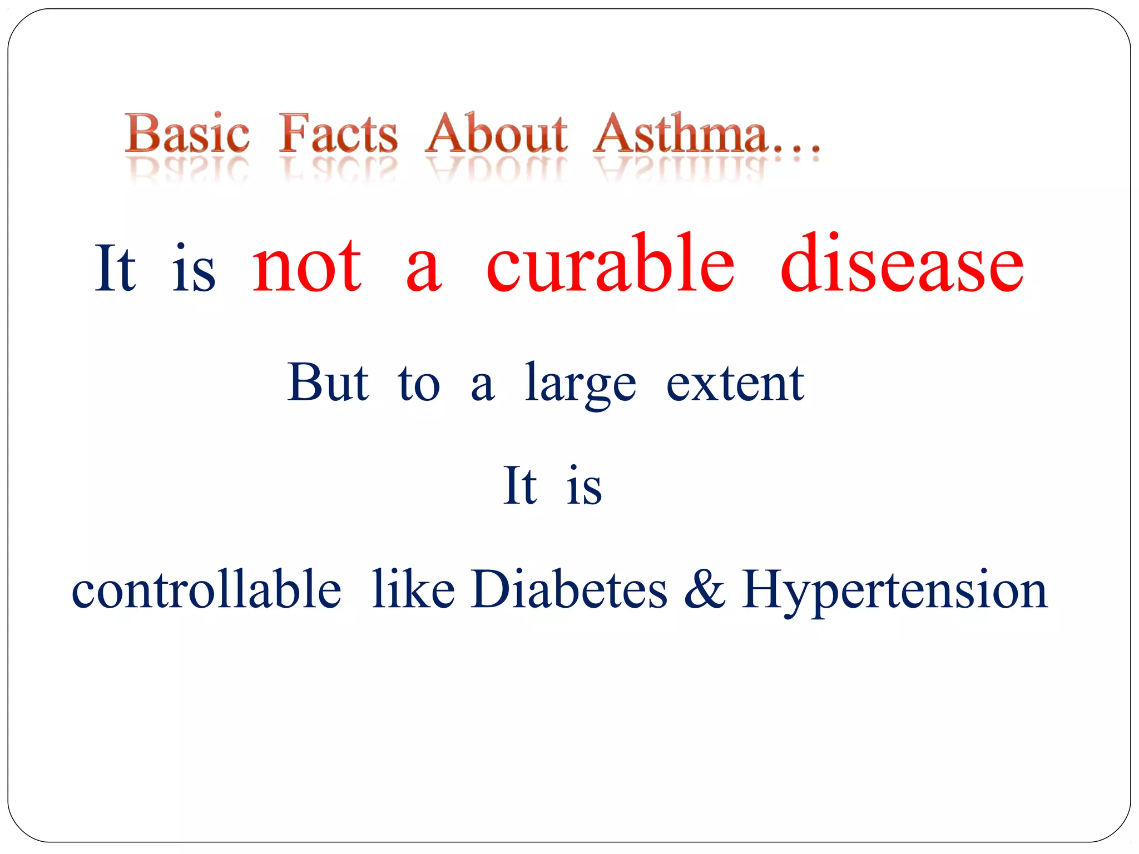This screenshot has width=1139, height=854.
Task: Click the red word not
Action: click(307, 266)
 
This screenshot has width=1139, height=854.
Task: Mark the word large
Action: click(581, 385)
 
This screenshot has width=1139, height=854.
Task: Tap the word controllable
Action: click(206, 589)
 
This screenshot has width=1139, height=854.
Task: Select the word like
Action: click(413, 589)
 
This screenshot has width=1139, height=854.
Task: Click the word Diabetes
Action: click(568, 589)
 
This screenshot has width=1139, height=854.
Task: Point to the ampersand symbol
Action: click(704, 589)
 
